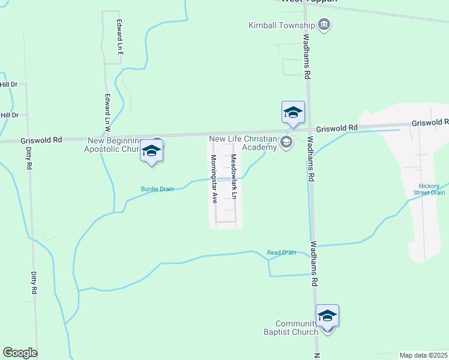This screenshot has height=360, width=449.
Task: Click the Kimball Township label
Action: [x=282, y=25]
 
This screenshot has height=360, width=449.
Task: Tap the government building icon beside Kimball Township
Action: [x=325, y=25]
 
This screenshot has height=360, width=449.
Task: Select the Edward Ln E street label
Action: [x=120, y=37]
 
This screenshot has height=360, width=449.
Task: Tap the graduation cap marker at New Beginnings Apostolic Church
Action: [x=152, y=151]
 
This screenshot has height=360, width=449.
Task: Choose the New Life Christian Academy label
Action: [x=243, y=143]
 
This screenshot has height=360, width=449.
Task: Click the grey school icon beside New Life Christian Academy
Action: [x=286, y=142]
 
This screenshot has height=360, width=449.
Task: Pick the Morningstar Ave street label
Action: [x=213, y=179]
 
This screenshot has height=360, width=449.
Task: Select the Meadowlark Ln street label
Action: [x=234, y=176]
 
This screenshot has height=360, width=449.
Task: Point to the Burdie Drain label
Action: [x=157, y=189]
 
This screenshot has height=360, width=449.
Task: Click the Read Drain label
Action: [x=282, y=253]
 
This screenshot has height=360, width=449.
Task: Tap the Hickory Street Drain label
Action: [x=429, y=188]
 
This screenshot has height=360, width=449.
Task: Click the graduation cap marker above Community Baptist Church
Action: [x=327, y=316]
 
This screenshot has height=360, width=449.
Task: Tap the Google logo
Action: [x=20, y=353]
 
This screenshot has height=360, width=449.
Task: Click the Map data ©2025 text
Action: [x=423, y=355]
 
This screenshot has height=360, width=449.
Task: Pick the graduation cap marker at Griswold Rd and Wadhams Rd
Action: [x=293, y=112]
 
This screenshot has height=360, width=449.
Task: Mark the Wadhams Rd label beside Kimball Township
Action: [x=306, y=57]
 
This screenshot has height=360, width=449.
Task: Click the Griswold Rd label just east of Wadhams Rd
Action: [x=337, y=128]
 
